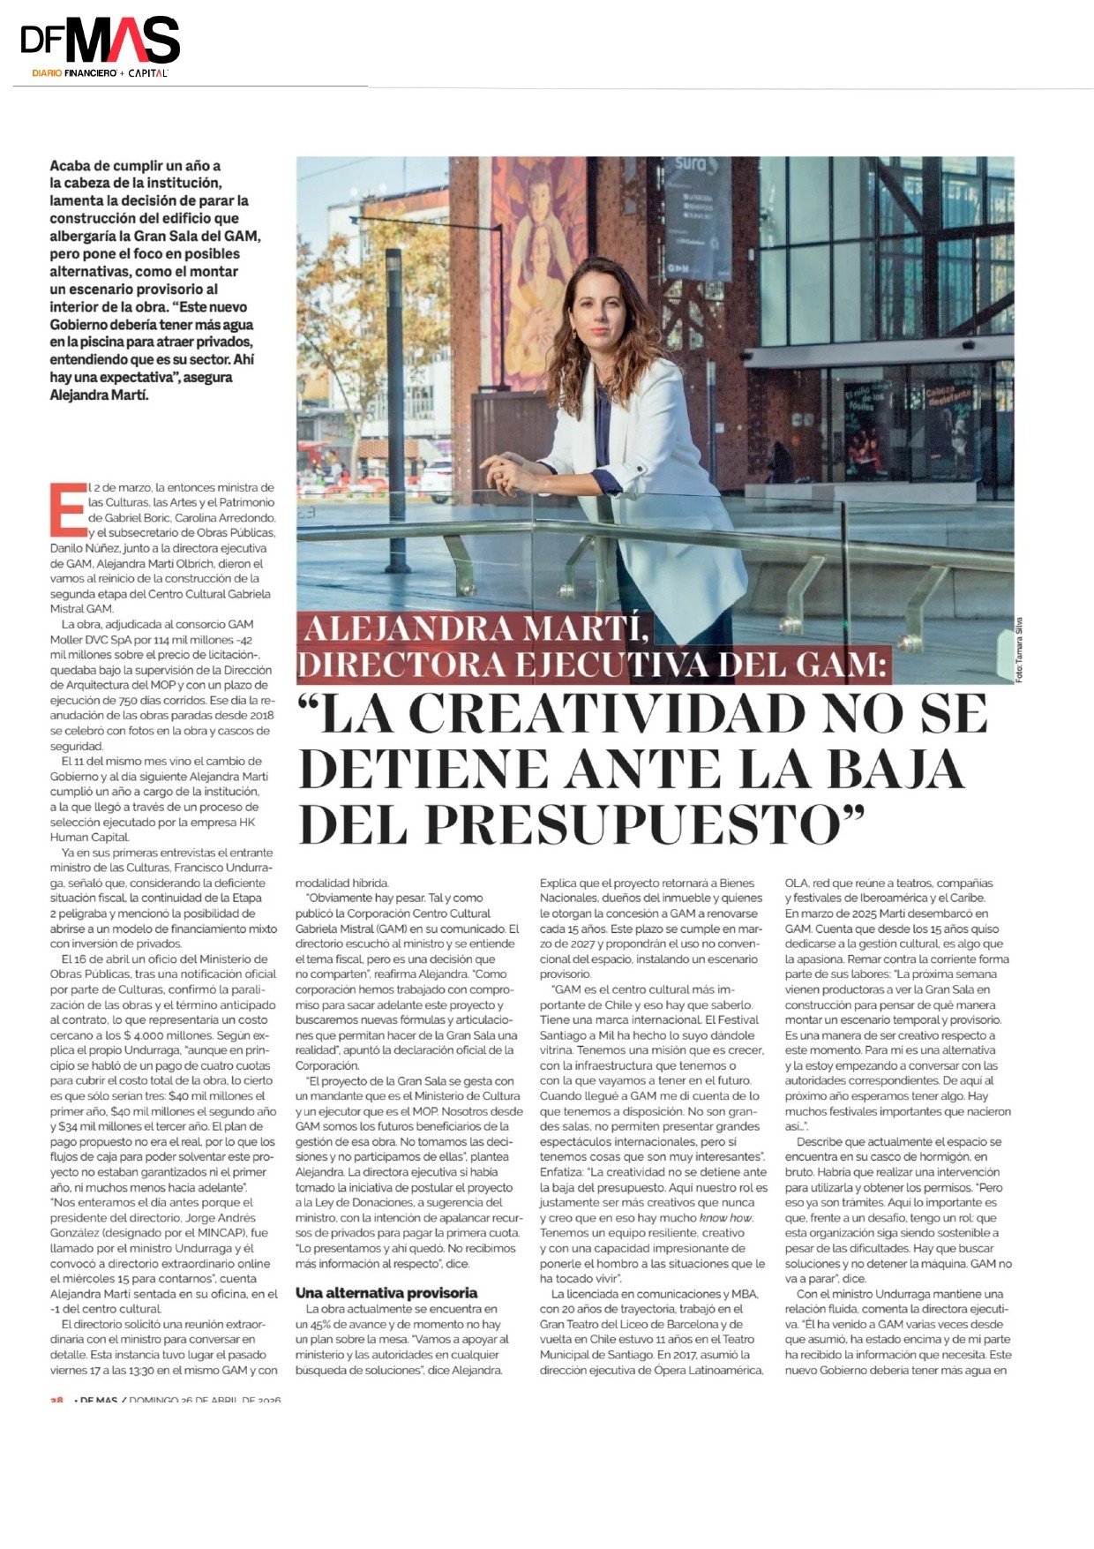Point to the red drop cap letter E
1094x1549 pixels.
click(65, 510)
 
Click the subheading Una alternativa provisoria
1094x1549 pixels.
click(386, 1292)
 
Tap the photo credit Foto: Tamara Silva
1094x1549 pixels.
click(1020, 649)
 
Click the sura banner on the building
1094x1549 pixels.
click(697, 216)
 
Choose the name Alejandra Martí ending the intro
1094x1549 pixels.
click(100, 395)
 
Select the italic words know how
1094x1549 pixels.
click(727, 1217)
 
